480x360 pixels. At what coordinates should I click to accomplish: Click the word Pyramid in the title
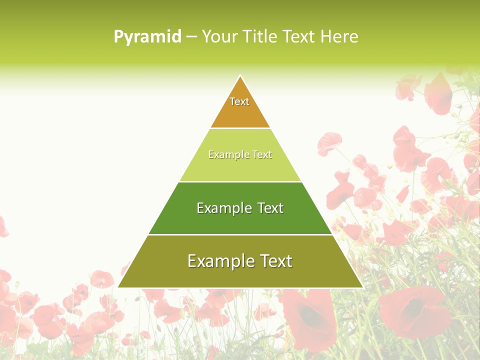[x=147, y=36]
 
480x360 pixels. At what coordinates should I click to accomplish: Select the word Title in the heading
[x=262, y=36]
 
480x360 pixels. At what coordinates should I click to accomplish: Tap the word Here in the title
[x=339, y=36]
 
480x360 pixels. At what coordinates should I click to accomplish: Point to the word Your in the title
[x=219, y=36]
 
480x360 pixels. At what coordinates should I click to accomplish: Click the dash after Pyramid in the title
[x=191, y=37]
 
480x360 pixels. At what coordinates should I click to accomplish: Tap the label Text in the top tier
[x=239, y=101]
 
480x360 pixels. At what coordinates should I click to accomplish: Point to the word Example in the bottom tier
[x=220, y=261]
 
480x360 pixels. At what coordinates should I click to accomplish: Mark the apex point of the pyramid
[x=240, y=76]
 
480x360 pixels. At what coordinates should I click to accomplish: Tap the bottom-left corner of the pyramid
[x=119, y=287]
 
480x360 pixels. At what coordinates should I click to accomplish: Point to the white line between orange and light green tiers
[x=240, y=128]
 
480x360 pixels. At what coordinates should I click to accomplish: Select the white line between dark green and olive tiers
[x=240, y=234]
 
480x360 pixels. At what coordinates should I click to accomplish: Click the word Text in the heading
[x=299, y=36]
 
